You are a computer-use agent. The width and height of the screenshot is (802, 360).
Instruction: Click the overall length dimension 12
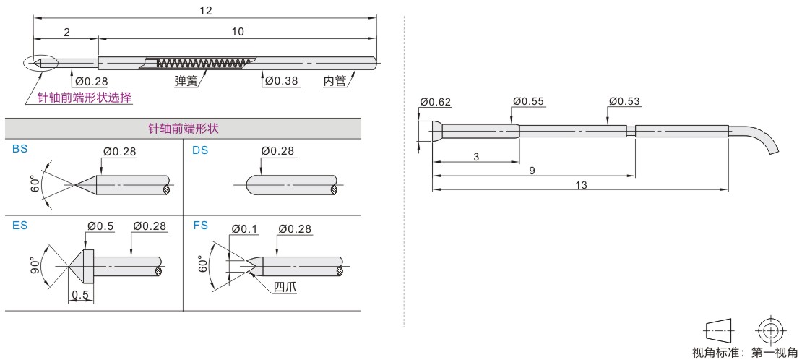coord(206,10)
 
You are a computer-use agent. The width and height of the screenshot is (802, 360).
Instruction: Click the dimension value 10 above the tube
coord(237,31)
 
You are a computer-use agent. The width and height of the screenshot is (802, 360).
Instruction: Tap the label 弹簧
coord(186,81)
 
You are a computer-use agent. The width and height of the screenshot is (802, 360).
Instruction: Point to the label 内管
coord(335,81)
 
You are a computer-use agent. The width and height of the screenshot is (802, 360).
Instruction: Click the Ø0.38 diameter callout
coord(280,81)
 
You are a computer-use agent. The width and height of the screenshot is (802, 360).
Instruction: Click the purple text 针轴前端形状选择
coord(85,98)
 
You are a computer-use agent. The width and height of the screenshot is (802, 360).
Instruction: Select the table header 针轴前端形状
coord(183,129)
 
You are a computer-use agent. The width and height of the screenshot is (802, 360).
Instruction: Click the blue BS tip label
coord(20,150)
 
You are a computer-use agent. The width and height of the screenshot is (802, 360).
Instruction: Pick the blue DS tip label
coord(200,150)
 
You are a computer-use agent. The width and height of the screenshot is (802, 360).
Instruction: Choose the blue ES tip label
coord(20,225)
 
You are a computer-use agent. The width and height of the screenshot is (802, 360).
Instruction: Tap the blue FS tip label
coord(200,225)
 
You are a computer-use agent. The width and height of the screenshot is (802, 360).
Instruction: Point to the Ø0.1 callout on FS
coord(244,229)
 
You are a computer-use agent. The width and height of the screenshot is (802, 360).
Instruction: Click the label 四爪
coord(285,287)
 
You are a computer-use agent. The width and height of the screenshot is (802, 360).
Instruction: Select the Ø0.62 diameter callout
coord(436,102)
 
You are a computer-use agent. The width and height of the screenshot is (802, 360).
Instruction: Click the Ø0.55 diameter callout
coord(529,101)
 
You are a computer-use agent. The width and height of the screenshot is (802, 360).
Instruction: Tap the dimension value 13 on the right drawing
coord(581,185)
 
